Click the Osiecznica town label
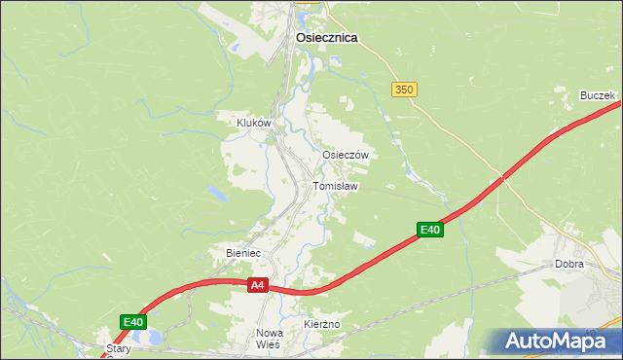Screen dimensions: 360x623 click(326, 38)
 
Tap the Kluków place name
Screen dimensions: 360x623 click(253, 124)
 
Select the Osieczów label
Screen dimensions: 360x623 click(345, 155)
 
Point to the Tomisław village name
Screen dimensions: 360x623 click(335, 186)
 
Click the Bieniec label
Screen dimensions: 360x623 click(243, 253)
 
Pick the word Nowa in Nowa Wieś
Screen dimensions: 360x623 click(269, 333)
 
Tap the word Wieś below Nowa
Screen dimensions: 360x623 click(269, 344)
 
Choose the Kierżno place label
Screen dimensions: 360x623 click(320, 323)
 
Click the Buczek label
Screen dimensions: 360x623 click(597, 95)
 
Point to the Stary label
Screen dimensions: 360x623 click(119, 347)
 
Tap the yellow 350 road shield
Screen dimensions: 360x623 click(405, 89)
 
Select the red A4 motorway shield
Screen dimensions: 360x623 click(257, 285)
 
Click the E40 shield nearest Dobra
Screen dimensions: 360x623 click(430, 230)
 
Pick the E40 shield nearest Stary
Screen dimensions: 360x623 click(133, 322)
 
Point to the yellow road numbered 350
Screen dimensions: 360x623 click(438, 126)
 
